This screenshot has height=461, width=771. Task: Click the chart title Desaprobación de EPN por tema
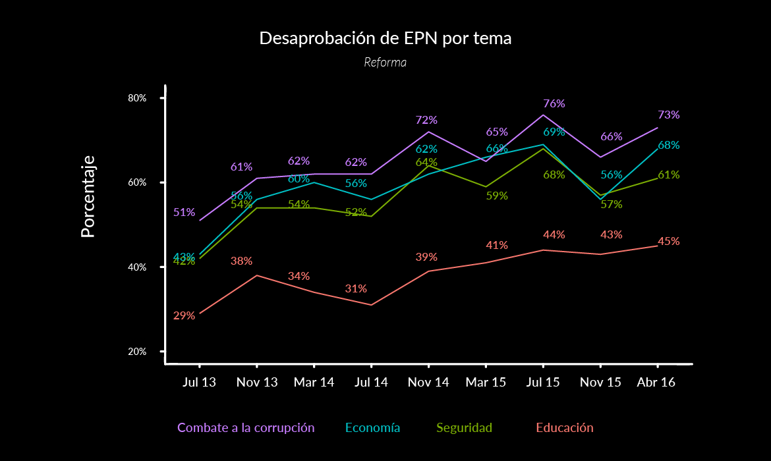pos(385,38)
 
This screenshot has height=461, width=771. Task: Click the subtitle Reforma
pos(385,63)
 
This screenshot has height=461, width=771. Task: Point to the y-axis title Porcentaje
pos(88,196)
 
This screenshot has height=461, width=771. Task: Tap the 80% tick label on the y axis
pos(136,98)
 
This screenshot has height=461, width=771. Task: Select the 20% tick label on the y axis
pos(136,352)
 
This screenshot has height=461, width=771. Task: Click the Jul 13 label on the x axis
pos(199,383)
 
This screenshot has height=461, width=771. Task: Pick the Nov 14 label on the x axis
pos(428,383)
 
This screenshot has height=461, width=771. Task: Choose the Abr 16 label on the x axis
pos(657,383)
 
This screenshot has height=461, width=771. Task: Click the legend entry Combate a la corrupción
pos(246,427)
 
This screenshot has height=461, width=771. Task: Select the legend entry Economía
pos(372,427)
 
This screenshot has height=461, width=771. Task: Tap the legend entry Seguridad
pos(464,427)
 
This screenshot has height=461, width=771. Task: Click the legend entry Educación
pos(565,427)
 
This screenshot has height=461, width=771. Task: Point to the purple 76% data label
pos(554,103)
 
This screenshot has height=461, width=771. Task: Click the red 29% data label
pos(184,315)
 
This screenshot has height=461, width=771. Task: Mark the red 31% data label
pos(356,288)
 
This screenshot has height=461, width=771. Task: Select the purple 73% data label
pos(669,115)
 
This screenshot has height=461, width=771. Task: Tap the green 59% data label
pos(497,196)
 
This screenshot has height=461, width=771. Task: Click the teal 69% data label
pos(554,132)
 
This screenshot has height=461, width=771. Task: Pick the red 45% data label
pos(669,241)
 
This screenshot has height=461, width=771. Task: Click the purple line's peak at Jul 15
pos(543,115)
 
